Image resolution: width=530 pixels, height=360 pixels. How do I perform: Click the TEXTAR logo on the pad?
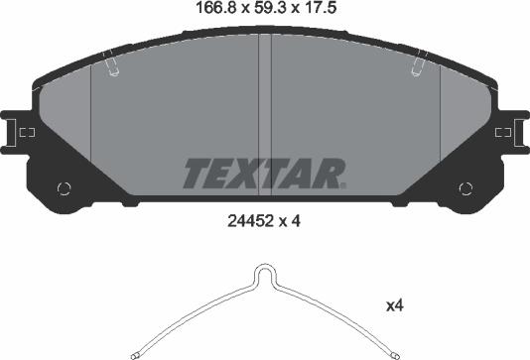point(262,174)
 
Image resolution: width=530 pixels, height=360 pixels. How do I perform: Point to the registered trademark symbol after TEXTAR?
point(343,184)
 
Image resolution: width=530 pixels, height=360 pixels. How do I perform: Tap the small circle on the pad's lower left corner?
point(66,188)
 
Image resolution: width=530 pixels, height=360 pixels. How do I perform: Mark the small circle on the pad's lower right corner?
point(465,188)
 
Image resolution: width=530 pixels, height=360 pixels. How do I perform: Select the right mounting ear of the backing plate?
point(516,131)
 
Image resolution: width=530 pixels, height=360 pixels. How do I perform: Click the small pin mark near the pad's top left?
point(112,67)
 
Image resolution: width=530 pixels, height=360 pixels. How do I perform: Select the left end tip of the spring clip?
point(135,352)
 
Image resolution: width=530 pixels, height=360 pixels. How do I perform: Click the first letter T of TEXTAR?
point(195,174)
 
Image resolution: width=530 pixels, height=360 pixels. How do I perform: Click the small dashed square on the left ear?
point(29,131)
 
